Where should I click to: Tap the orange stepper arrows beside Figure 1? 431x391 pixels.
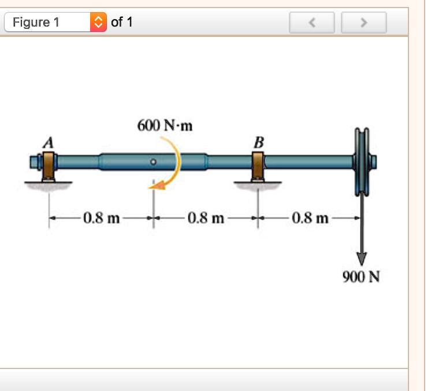[98, 23]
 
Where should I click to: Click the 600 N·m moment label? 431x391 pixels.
[165, 126]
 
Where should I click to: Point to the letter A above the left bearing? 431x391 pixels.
[50, 141]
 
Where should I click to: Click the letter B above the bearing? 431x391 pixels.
[258, 141]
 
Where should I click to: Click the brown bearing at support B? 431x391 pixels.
[258, 166]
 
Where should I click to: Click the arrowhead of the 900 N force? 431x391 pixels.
[362, 258]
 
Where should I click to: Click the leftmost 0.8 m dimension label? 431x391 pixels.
[101, 219]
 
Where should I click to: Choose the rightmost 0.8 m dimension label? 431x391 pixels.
[311, 219]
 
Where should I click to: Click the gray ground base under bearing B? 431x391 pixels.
[258, 184]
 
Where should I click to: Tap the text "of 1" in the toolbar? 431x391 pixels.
[122, 23]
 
